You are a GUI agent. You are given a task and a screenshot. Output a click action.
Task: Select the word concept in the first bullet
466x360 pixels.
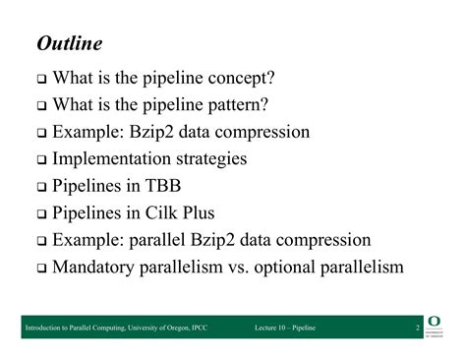(x=241, y=78)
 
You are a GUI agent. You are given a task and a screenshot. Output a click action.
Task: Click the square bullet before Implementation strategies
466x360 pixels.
(x=42, y=159)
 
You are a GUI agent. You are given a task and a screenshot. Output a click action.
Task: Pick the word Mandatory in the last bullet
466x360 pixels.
(x=97, y=267)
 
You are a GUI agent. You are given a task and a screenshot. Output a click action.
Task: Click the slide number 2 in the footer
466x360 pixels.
(x=418, y=327)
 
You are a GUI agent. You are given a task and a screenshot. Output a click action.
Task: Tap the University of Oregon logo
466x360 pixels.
(x=436, y=327)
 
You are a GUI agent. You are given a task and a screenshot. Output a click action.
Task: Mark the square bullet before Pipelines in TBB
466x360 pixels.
(x=42, y=187)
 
